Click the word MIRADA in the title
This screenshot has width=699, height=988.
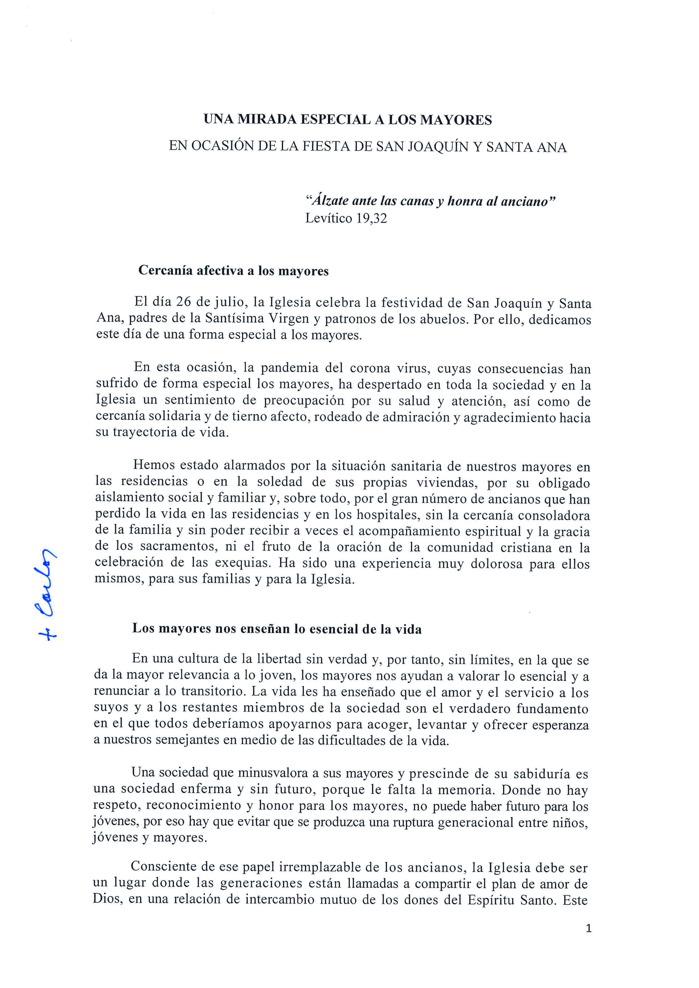pos(267,120)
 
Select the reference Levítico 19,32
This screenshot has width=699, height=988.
pos(346,219)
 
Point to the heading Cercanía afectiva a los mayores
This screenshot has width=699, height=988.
pos(233,271)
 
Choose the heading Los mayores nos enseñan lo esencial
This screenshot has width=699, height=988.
pos(277,629)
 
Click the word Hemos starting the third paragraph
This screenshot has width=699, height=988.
pos(154,465)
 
